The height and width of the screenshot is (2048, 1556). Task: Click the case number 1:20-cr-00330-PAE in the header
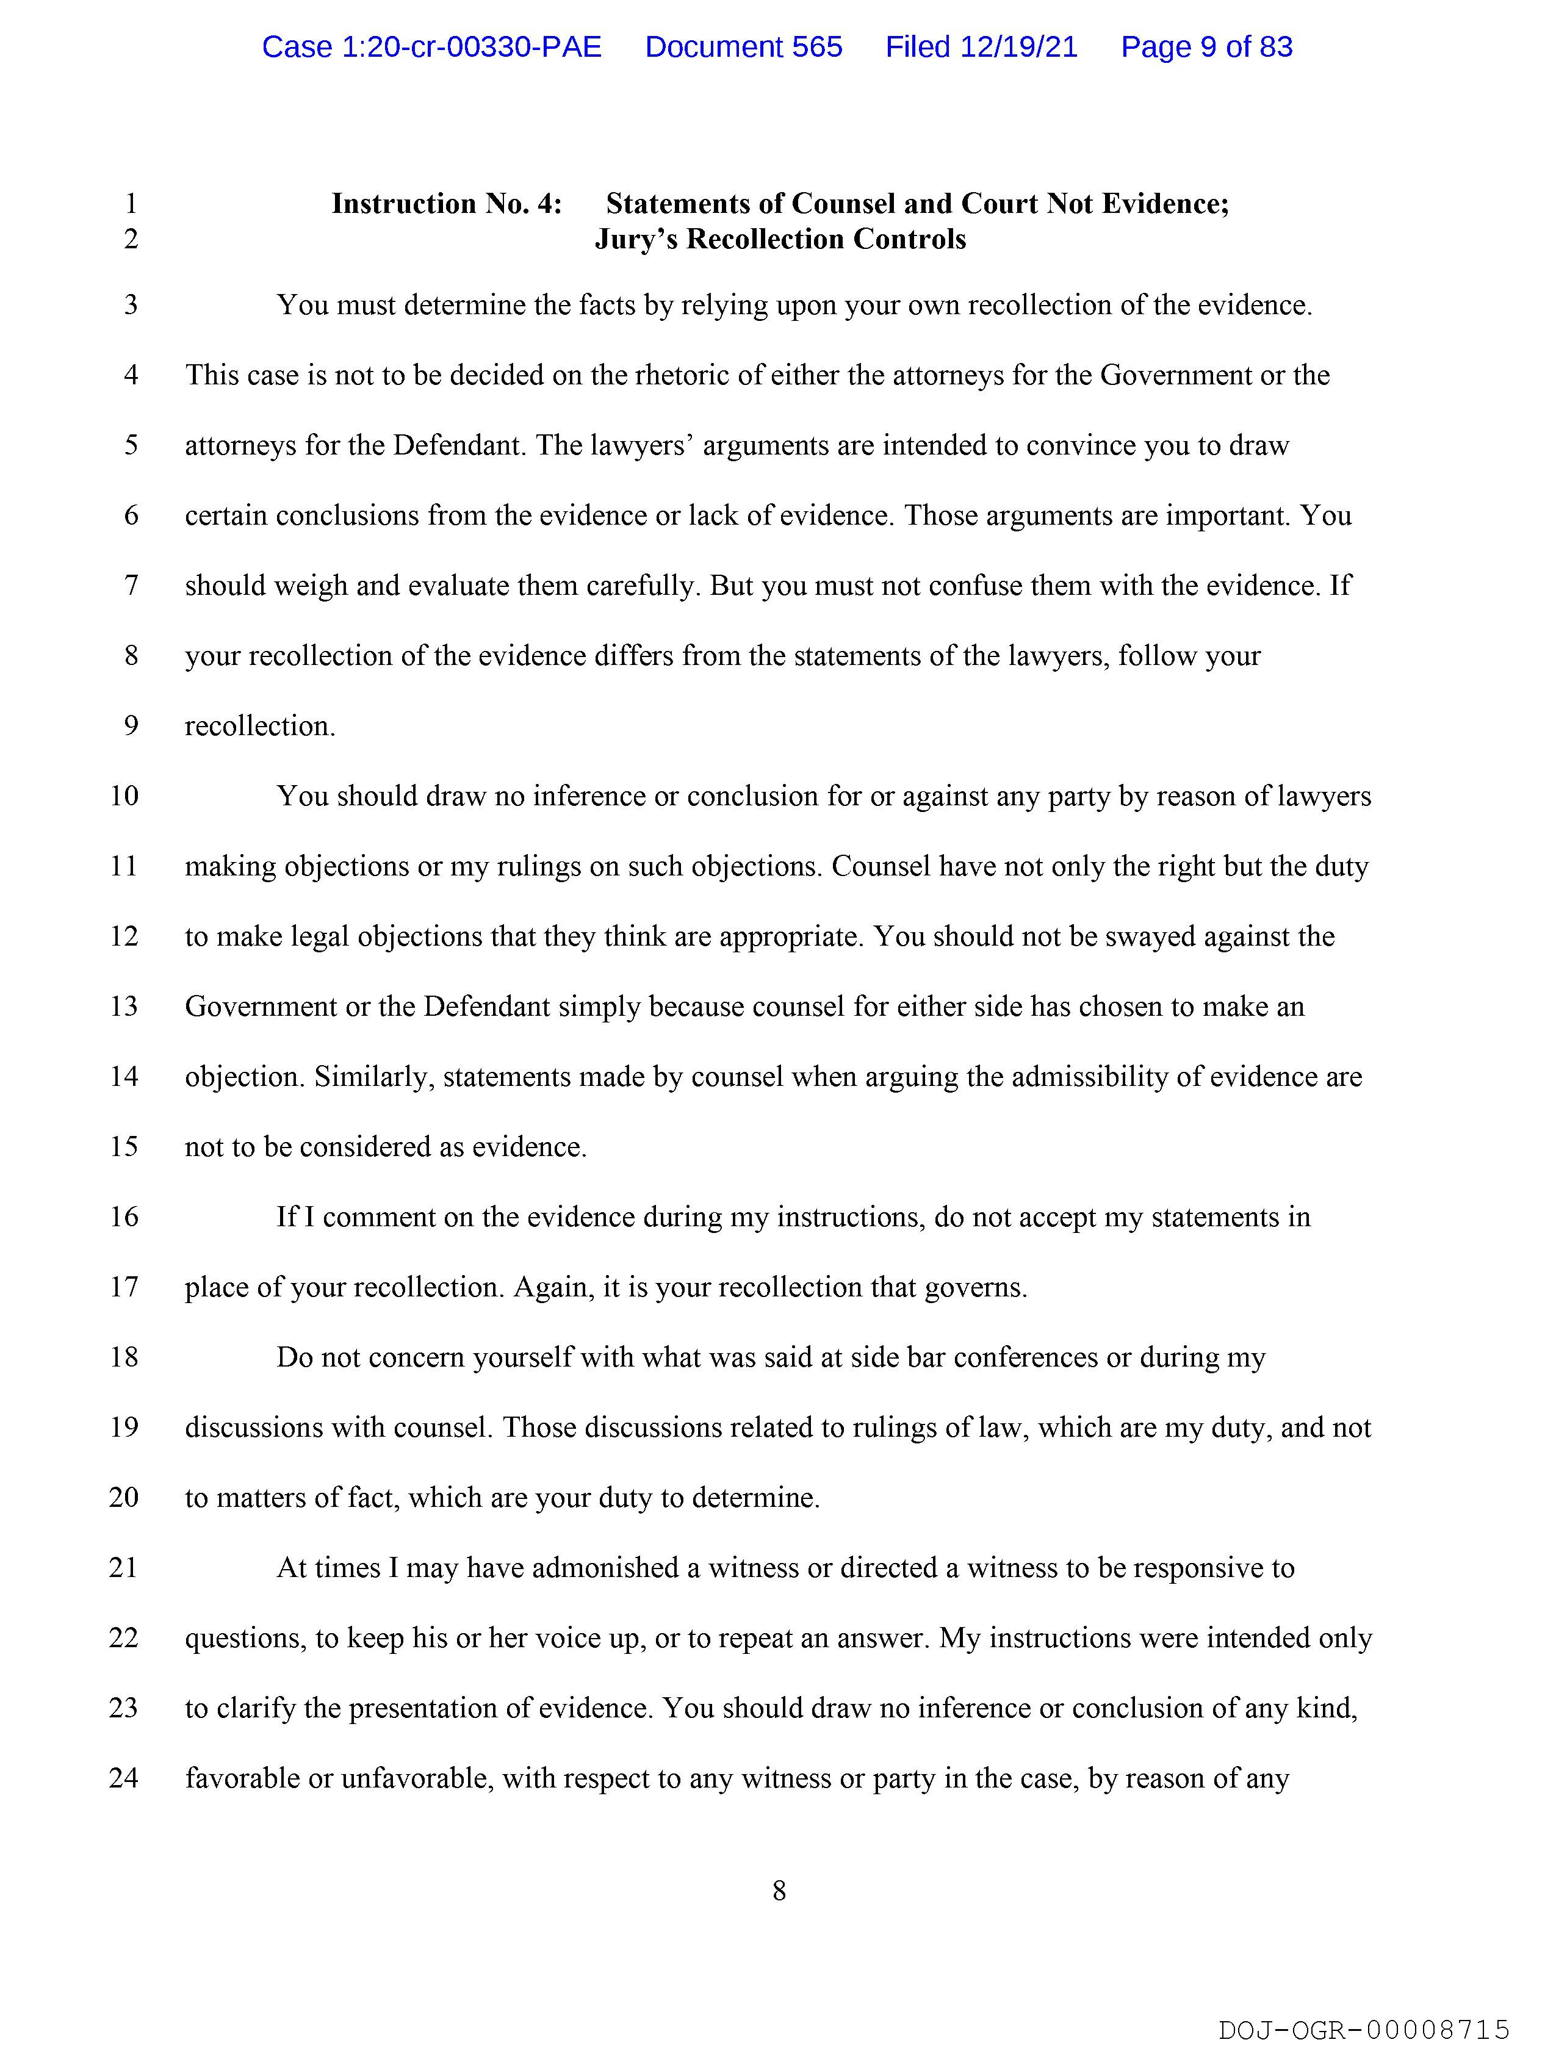coord(431,47)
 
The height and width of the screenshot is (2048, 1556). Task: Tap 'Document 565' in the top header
coord(744,47)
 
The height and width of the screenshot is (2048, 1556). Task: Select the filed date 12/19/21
coord(982,47)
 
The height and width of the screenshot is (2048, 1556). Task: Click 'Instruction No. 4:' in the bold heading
coord(447,204)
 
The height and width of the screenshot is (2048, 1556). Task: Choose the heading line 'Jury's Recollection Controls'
coord(780,239)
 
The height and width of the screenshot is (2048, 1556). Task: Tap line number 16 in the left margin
coord(124,1216)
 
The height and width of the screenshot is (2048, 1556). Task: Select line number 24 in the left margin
coord(124,1778)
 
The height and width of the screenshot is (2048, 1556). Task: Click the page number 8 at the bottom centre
coord(779,1891)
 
